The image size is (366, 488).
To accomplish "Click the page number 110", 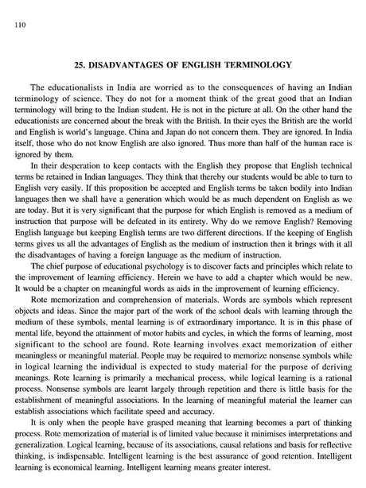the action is point(10,25).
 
